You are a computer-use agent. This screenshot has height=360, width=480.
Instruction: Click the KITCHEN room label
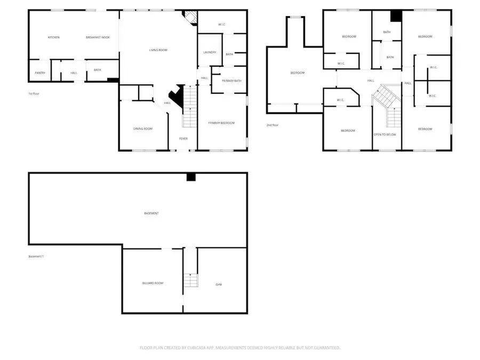tap(54, 37)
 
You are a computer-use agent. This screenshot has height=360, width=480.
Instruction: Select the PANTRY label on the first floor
tap(40, 73)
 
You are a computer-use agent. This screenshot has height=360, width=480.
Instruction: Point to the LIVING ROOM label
tap(158, 50)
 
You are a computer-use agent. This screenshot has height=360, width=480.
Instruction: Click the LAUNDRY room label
tap(209, 52)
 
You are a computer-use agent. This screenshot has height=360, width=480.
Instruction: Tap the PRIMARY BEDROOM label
tap(221, 123)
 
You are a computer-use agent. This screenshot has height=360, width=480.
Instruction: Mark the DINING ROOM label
tap(143, 129)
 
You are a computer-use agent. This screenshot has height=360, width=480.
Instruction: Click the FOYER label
tap(183, 139)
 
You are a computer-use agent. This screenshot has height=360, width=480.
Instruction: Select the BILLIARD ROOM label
tap(153, 283)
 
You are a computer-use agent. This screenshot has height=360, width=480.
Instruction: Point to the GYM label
tap(219, 285)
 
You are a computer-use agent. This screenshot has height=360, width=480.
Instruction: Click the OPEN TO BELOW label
tap(385, 134)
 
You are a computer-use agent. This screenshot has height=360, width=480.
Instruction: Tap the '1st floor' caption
tap(34, 94)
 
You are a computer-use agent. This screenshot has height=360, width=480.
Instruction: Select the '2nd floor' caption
tap(272, 125)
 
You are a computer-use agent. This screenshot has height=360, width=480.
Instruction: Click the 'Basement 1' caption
tap(36, 257)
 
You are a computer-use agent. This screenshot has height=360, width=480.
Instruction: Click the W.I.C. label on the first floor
tap(222, 25)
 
